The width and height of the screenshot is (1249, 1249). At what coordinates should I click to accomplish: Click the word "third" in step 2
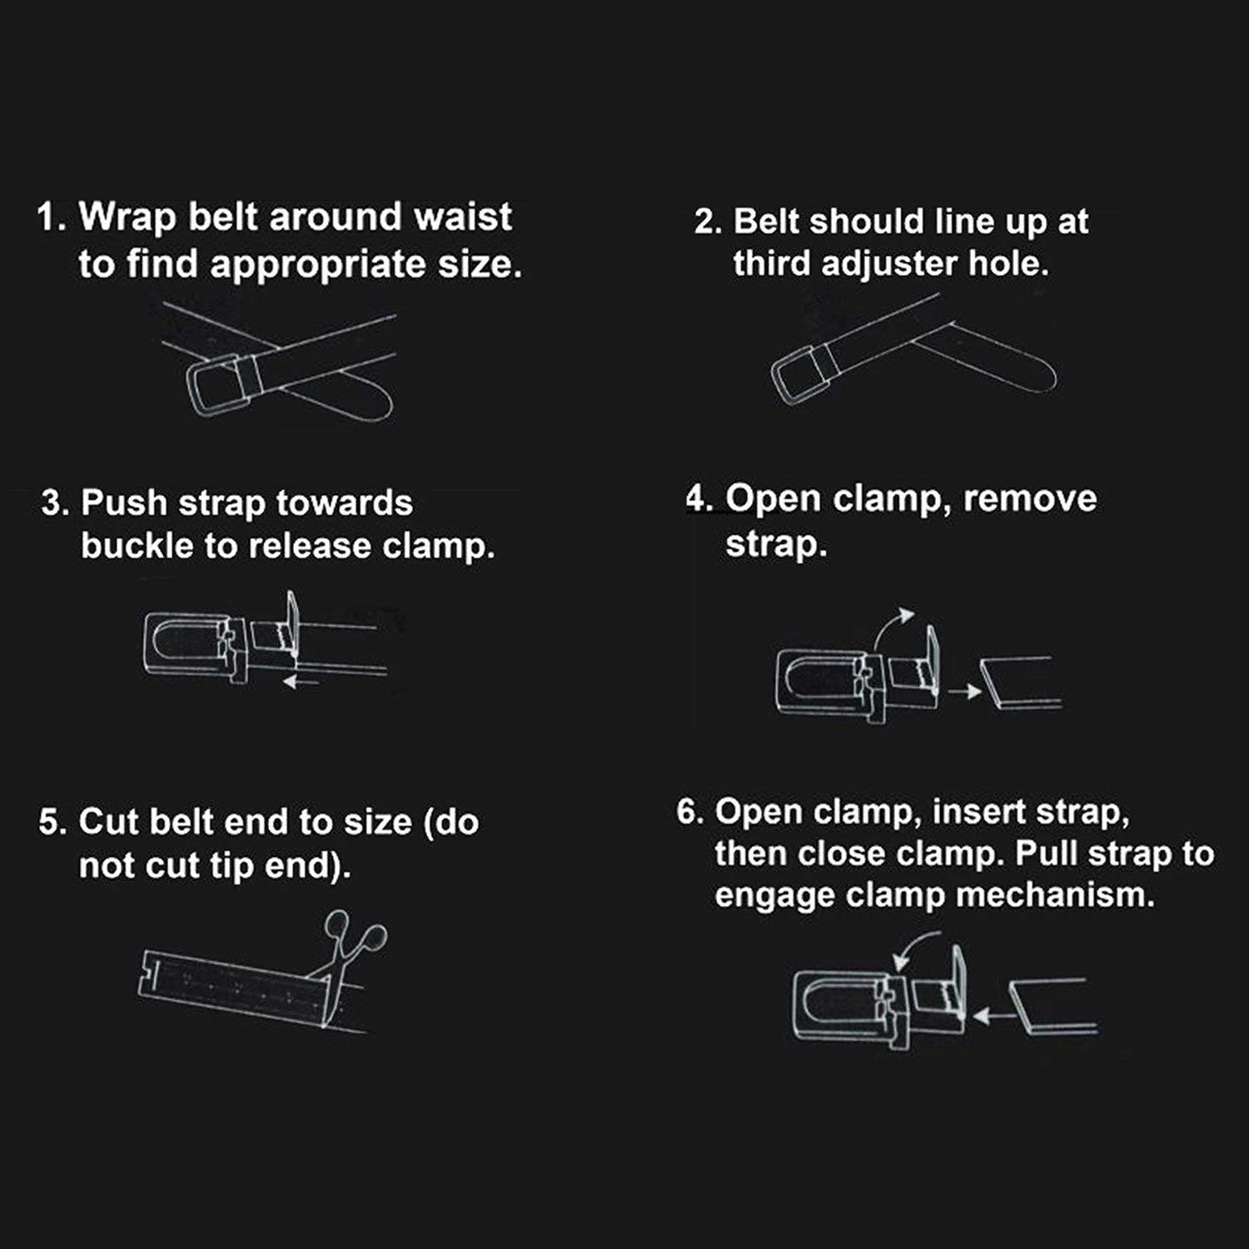pos(773,263)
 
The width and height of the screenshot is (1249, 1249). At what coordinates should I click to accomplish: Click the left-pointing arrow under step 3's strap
pos(301,683)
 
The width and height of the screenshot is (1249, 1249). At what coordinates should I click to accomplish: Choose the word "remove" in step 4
pos(1030,499)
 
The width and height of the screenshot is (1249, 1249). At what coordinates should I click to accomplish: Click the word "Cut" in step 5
pos(105,822)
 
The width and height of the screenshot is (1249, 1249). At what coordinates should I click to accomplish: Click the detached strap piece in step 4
pos(1020,683)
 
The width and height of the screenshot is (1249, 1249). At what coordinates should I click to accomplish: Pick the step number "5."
pos(52,823)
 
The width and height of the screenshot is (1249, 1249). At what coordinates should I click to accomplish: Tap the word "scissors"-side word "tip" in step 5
pos(232,867)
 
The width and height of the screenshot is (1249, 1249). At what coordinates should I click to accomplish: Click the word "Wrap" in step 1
pos(127,218)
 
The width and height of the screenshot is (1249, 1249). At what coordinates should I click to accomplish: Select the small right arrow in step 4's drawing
pos(965,690)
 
